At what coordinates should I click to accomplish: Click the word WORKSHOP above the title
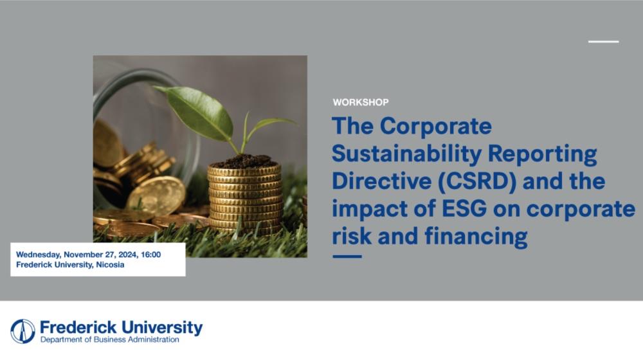[x=361, y=102]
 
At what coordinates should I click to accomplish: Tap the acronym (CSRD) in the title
[x=477, y=181]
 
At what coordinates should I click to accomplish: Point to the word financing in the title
[x=476, y=237]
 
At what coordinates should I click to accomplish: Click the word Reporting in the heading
[x=542, y=154]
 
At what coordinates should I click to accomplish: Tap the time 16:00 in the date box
[x=150, y=255]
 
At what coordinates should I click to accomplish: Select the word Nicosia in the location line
[x=110, y=264]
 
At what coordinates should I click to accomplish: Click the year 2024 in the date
[x=127, y=255]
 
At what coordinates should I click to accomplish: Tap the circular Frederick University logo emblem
[x=23, y=331]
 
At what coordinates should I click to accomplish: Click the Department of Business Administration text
[x=109, y=339]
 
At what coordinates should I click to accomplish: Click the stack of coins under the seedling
[x=245, y=199]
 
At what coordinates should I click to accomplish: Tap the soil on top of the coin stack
[x=245, y=161]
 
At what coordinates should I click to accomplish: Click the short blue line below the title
[x=347, y=256]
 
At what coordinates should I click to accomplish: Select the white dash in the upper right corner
[x=603, y=41]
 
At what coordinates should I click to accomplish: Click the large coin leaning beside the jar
[x=156, y=195]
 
